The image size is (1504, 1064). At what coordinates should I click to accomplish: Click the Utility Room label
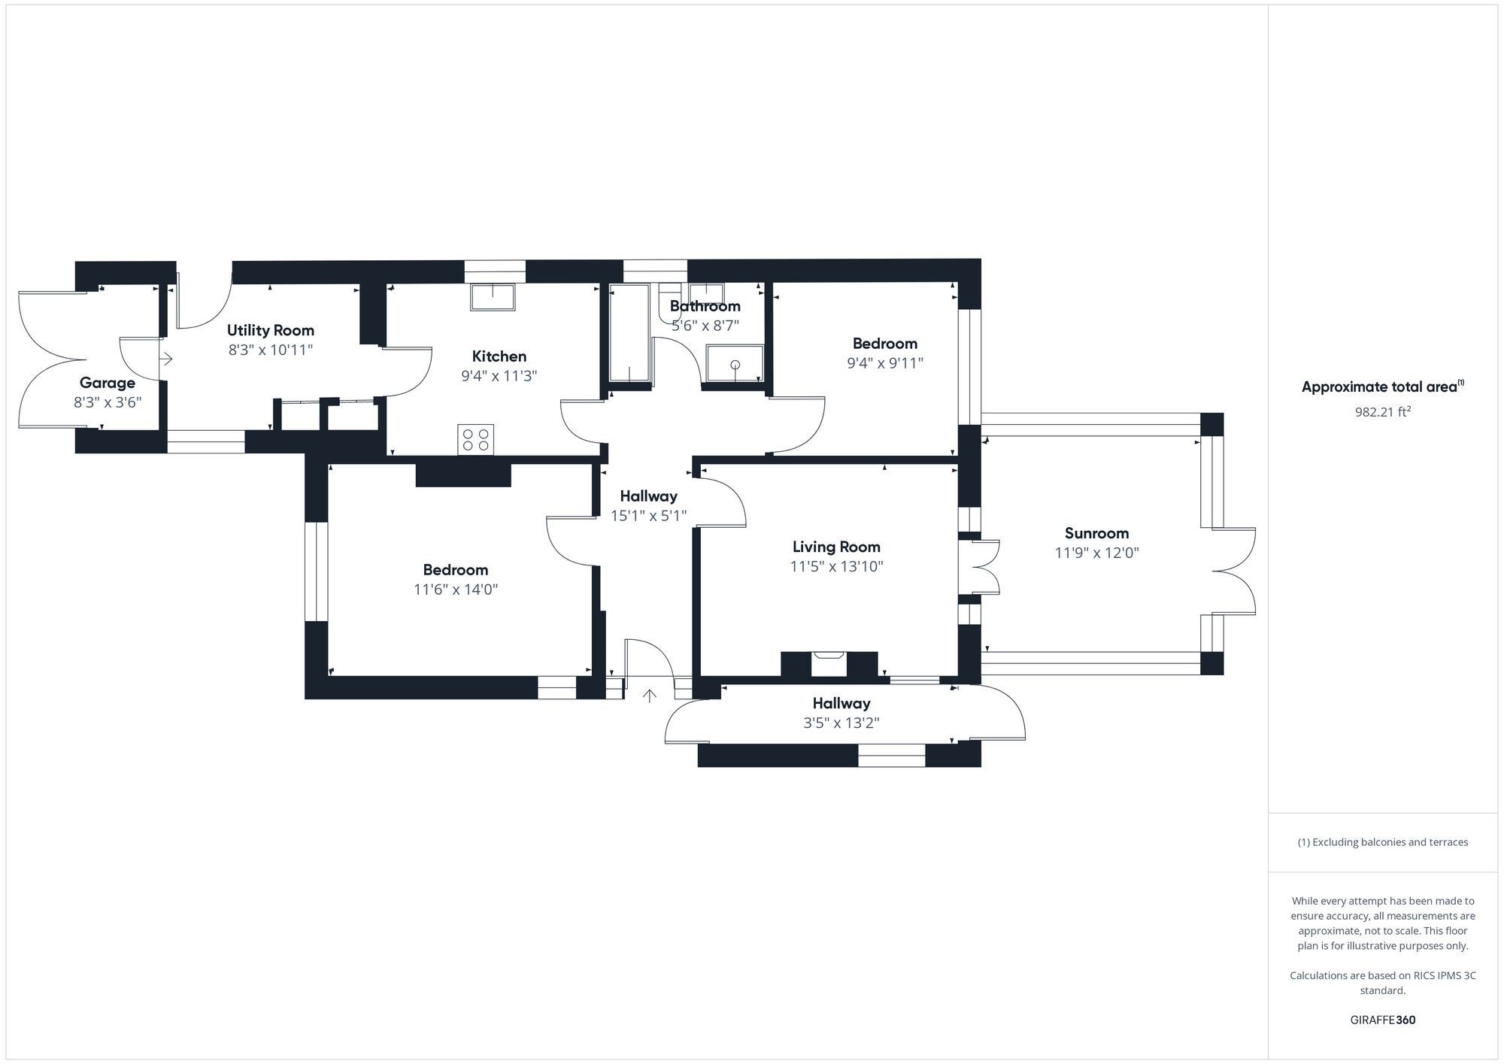pyautogui.click(x=271, y=330)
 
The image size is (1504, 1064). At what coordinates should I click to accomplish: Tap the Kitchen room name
pyautogui.click(x=499, y=356)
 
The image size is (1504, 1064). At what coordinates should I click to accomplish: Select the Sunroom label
pyautogui.click(x=1096, y=533)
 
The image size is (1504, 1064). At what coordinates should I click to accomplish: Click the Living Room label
pyautogui.click(x=836, y=547)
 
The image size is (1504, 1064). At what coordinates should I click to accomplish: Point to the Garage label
pyautogui.click(x=108, y=383)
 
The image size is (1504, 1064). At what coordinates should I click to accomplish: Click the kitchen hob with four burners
pyautogui.click(x=475, y=439)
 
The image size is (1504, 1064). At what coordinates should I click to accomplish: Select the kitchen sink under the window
pyautogui.click(x=493, y=296)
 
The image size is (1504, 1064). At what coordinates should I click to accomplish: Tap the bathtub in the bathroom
pyautogui.click(x=629, y=333)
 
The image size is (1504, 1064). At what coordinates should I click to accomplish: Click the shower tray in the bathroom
pyautogui.click(x=735, y=363)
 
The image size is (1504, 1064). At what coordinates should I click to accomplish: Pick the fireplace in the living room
pyautogui.click(x=829, y=663)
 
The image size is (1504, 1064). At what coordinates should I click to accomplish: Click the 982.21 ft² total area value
pyautogui.click(x=1382, y=412)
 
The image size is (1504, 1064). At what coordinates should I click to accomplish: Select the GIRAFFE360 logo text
pyautogui.click(x=1382, y=1020)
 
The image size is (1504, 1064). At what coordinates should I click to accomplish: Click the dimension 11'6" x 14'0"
pyautogui.click(x=456, y=590)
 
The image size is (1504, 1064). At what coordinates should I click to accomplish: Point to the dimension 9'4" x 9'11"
pyautogui.click(x=885, y=363)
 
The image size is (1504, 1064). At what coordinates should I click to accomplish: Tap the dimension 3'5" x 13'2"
pyautogui.click(x=841, y=723)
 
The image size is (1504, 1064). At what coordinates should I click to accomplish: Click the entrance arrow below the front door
pyautogui.click(x=650, y=696)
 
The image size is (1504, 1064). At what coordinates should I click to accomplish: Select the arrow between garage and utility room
pyautogui.click(x=166, y=359)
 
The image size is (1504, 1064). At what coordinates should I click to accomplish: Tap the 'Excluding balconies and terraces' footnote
pyautogui.click(x=1382, y=842)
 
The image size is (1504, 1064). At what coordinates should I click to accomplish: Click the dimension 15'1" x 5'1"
pyautogui.click(x=649, y=516)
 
